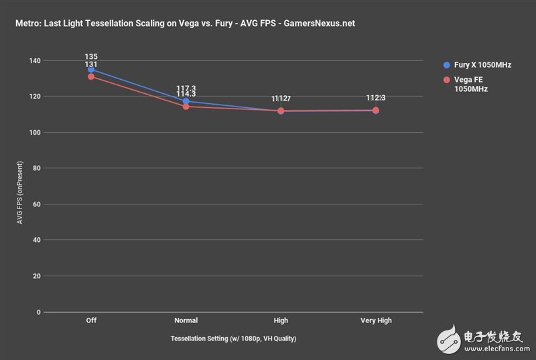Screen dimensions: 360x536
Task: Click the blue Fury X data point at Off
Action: pyautogui.click(x=91, y=69)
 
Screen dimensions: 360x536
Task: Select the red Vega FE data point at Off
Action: pyautogui.click(x=91, y=76)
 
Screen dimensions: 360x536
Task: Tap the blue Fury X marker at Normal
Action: pyautogui.click(x=186, y=101)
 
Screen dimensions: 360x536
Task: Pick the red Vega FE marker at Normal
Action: pyautogui.click(x=186, y=107)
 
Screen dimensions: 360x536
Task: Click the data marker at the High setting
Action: pyautogui.click(x=281, y=111)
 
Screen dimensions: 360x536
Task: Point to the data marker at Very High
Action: pyautogui.click(x=376, y=110)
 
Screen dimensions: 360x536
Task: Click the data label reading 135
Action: pyautogui.click(x=92, y=56)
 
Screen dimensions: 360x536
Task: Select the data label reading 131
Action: pyautogui.click(x=92, y=64)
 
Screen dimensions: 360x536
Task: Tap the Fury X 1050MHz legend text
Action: pyautogui.click(x=482, y=65)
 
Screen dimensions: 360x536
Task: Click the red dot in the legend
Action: pyautogui.click(x=447, y=79)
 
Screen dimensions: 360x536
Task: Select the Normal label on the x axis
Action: pyautogui.click(x=186, y=320)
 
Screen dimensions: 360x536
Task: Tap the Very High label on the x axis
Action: pyautogui.click(x=376, y=320)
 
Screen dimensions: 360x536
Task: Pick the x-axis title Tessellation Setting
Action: pyautogui.click(x=234, y=338)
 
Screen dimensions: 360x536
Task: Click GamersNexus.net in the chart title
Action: pyautogui.click(x=320, y=23)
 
